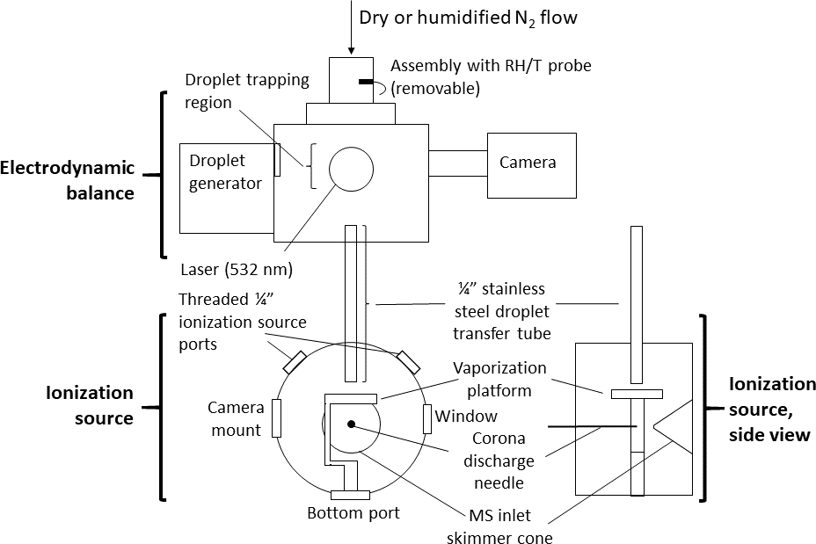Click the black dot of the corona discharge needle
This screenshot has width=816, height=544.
tap(351, 424)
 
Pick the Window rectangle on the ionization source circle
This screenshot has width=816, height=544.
tap(427, 419)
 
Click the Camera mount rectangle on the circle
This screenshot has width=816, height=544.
tap(277, 417)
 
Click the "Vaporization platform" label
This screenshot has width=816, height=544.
tap(499, 378)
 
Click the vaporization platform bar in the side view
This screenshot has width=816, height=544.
tap(637, 394)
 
